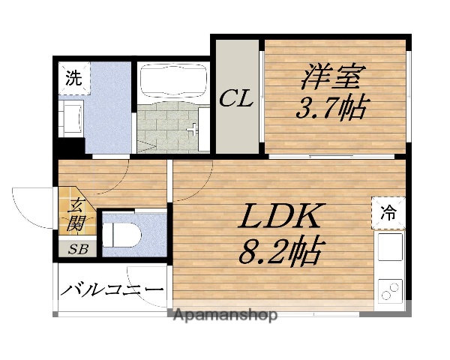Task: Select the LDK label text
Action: click(280, 217)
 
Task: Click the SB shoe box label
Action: click(77, 249)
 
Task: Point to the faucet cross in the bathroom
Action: click(196, 128)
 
